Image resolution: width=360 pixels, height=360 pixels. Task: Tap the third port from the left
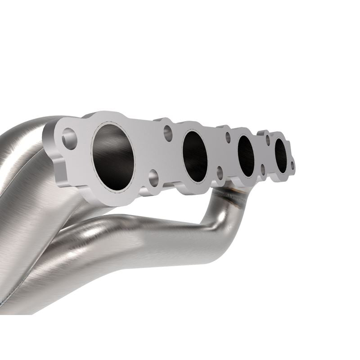(x=246, y=155)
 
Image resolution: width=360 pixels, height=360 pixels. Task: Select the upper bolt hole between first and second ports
(x=168, y=132)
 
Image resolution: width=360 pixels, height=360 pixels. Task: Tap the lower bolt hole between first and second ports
(x=153, y=176)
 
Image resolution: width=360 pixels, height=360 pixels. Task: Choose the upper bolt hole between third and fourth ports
(x=268, y=138)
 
